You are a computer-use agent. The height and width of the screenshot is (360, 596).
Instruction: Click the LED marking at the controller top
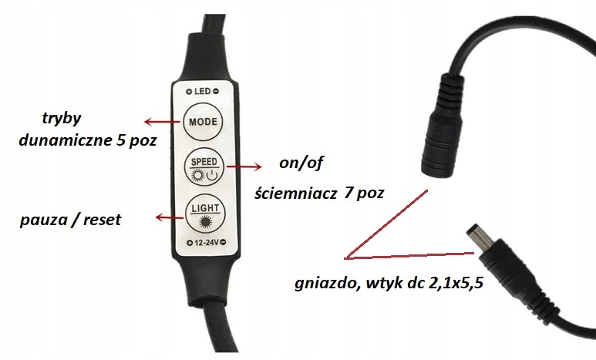203,91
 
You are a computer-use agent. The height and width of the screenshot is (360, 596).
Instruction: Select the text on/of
286,165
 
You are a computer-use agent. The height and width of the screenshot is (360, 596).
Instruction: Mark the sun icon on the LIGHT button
204,224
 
